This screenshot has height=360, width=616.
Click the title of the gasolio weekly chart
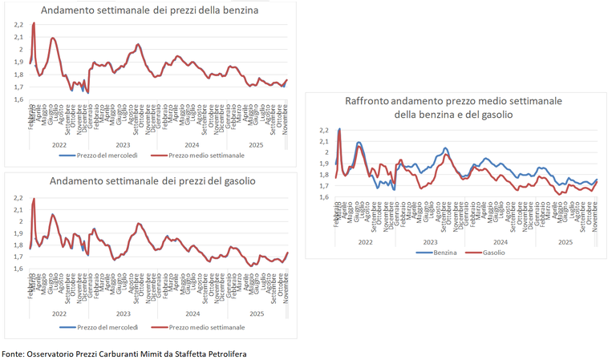click(x=152, y=181)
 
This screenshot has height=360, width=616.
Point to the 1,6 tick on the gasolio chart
click(x=18, y=269)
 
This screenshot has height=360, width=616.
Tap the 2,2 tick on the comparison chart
click(x=323, y=130)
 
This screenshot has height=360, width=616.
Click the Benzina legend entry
click(x=436, y=253)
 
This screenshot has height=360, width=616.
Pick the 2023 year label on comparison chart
click(x=431, y=241)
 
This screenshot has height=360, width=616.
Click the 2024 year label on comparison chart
click(x=499, y=241)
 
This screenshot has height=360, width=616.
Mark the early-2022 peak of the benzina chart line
click(x=34, y=23)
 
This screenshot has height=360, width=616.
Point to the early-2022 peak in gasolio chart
click(x=34, y=199)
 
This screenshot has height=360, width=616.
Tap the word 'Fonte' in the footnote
click(x=12, y=354)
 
